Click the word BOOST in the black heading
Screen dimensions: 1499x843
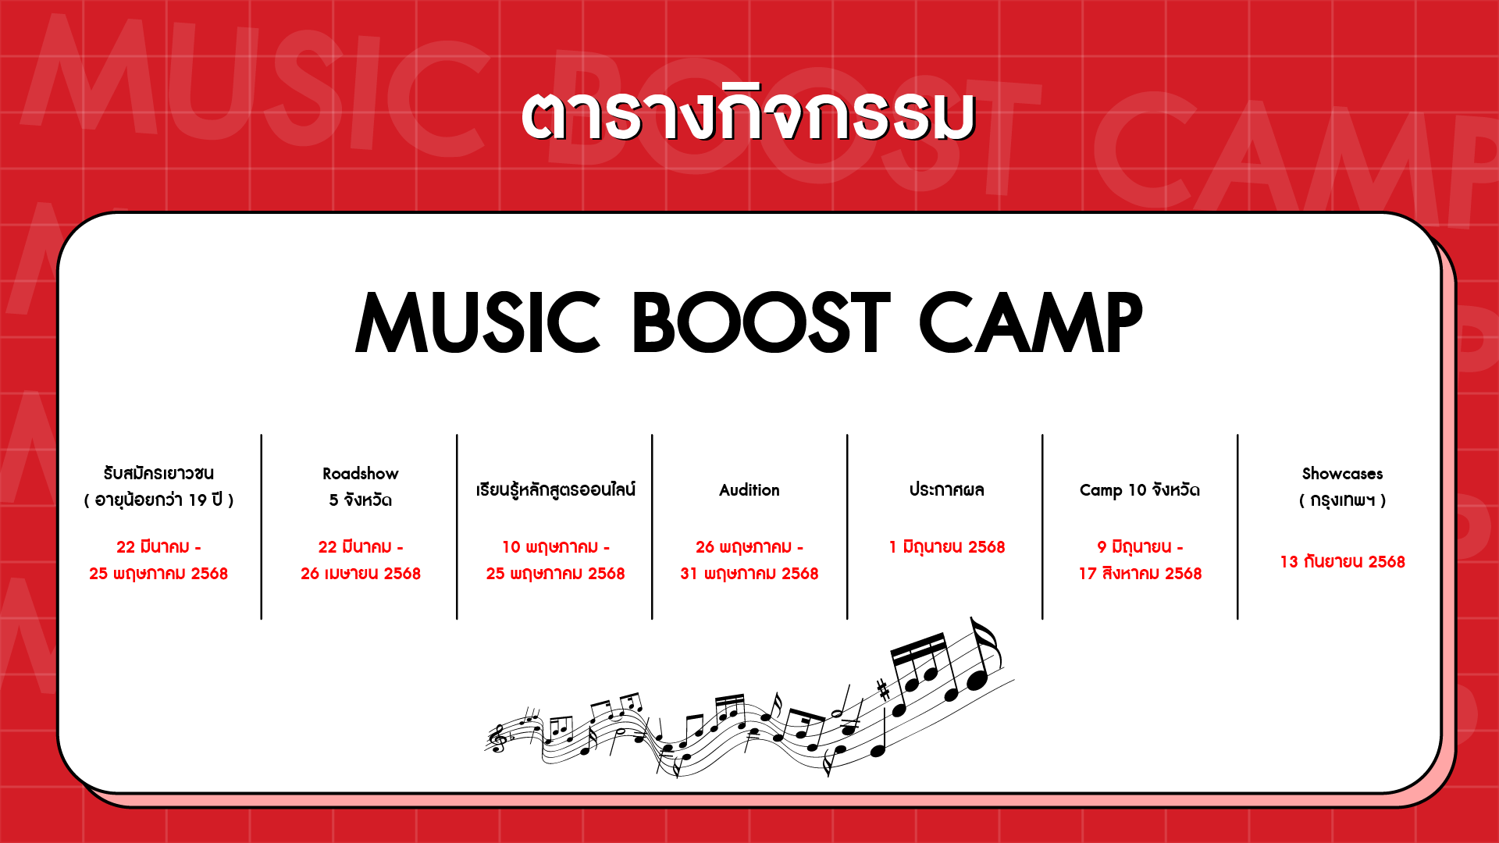760,322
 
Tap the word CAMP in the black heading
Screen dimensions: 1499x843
1031,322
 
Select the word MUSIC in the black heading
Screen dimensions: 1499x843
478,322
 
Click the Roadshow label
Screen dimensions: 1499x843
361,474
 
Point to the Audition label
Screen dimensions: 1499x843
749,490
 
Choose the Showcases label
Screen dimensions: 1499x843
1342,474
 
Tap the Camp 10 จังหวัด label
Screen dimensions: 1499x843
1140,489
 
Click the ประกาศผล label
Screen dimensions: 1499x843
946,489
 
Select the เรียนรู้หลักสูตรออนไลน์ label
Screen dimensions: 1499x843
555,489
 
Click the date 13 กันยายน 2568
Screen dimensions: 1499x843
1342,562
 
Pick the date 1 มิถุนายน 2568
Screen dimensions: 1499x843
946,546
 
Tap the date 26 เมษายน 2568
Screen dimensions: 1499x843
361,574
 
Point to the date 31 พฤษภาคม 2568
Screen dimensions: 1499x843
749,574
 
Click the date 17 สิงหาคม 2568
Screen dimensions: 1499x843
1140,574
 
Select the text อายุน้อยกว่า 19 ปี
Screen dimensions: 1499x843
158,500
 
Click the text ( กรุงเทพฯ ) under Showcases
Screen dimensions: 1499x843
1342,500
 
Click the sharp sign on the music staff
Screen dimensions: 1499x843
883,689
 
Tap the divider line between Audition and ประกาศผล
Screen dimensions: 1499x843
847,527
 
